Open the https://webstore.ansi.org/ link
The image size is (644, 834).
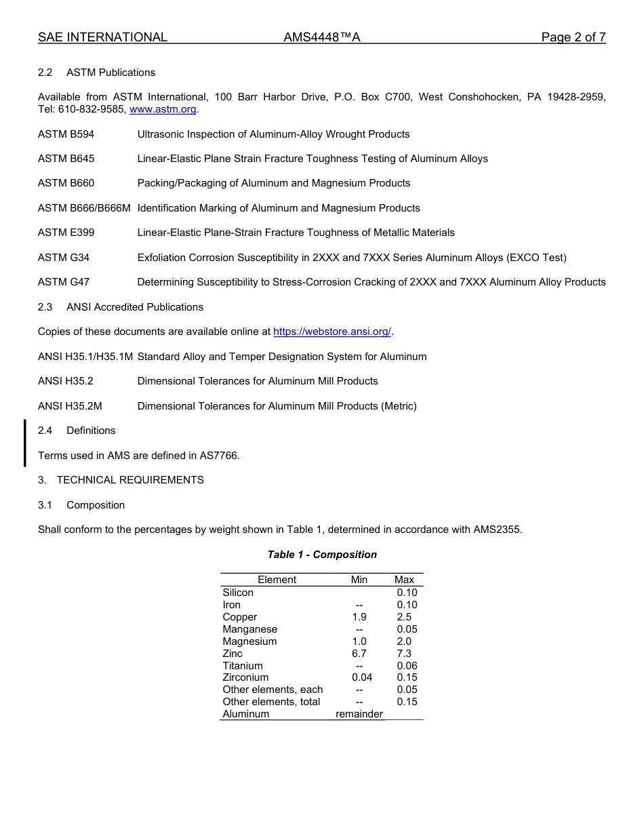(x=332, y=332)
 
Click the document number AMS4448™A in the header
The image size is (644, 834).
(x=322, y=37)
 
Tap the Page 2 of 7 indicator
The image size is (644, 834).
(x=573, y=37)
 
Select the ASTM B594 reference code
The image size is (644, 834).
(x=66, y=134)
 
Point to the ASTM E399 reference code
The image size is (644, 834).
(x=66, y=233)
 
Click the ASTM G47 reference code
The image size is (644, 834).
(x=64, y=282)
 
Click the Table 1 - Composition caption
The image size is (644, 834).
(x=322, y=555)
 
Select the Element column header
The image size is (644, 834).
(x=277, y=580)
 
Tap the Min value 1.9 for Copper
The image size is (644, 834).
(x=359, y=617)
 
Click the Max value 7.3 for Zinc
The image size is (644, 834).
(x=404, y=654)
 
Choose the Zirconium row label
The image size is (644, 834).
(x=245, y=677)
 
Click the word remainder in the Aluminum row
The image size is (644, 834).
(x=359, y=714)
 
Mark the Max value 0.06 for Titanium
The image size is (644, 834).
(x=407, y=666)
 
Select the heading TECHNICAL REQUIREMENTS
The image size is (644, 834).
(x=130, y=480)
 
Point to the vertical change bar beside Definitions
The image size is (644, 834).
(x=25, y=443)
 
